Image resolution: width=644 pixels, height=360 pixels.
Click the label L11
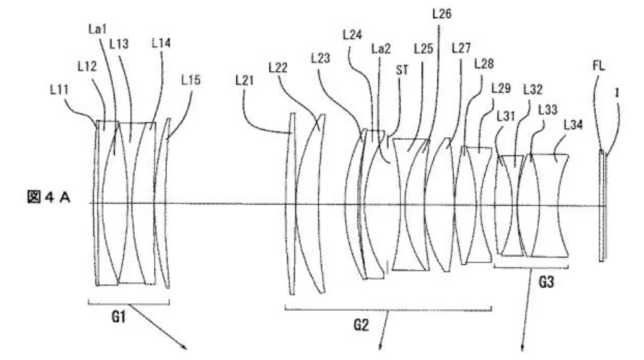[x=59, y=89]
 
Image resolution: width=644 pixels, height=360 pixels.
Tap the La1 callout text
[x=97, y=28]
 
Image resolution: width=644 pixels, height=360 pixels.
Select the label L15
[x=190, y=80]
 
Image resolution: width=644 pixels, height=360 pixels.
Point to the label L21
[x=244, y=80]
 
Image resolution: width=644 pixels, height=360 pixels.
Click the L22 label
[x=278, y=67]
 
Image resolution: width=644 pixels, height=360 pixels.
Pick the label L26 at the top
[x=441, y=14]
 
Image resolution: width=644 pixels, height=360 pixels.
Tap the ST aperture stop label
[x=402, y=70]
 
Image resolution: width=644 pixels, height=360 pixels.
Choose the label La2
[x=381, y=49]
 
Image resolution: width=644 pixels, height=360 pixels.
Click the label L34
[x=573, y=124]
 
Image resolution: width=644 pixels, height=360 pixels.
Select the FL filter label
[x=599, y=65]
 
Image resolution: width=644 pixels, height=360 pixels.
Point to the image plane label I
[x=617, y=93]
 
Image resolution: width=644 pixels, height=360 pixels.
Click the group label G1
[x=119, y=317]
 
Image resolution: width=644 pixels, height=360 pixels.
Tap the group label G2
[x=361, y=325]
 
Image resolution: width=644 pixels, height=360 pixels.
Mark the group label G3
[x=546, y=282]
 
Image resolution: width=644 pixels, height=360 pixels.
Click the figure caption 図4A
[x=49, y=197]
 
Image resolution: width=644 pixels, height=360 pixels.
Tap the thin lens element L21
[x=291, y=204]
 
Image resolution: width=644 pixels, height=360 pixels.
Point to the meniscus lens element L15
[x=162, y=203]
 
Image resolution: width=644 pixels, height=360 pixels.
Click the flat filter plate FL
[x=601, y=206]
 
